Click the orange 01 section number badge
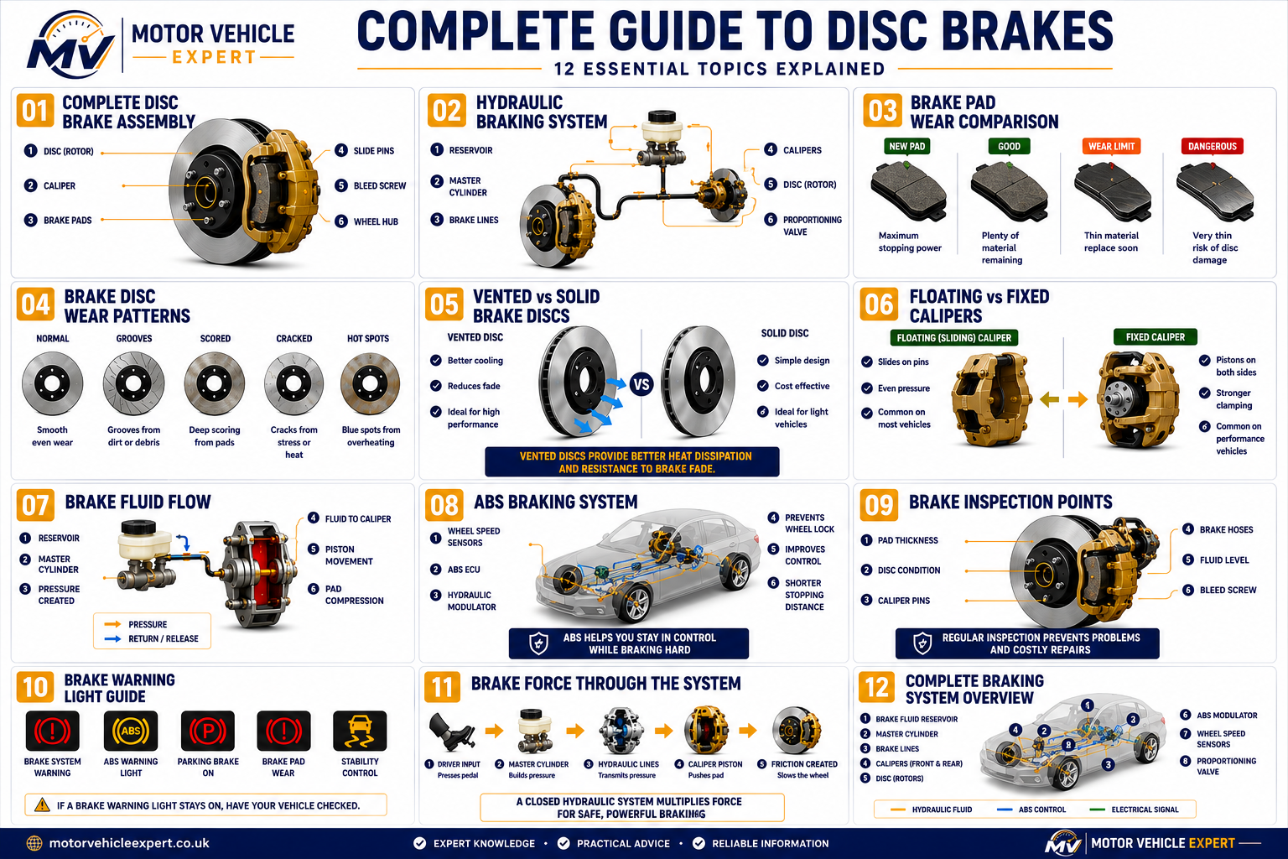pos(35,110)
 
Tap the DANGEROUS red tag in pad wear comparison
pos(1212,146)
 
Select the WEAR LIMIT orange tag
pos(1111,146)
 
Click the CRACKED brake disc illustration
pos(293,383)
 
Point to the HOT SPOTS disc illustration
pos(370,383)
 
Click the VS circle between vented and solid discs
pos(641,384)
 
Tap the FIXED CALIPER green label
pos(1156,337)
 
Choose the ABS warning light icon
pos(131,731)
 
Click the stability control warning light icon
pos(360,731)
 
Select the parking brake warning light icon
pos(208,731)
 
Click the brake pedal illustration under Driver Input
pos(451,731)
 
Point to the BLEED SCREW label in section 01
pos(380,186)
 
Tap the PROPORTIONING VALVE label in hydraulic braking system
pos(812,226)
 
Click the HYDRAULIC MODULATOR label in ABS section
pos(471,601)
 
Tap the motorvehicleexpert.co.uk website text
pos(129,843)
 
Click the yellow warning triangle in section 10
pos(42,805)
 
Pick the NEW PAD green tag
pos(906,146)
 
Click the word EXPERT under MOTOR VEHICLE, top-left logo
pos(214,58)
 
